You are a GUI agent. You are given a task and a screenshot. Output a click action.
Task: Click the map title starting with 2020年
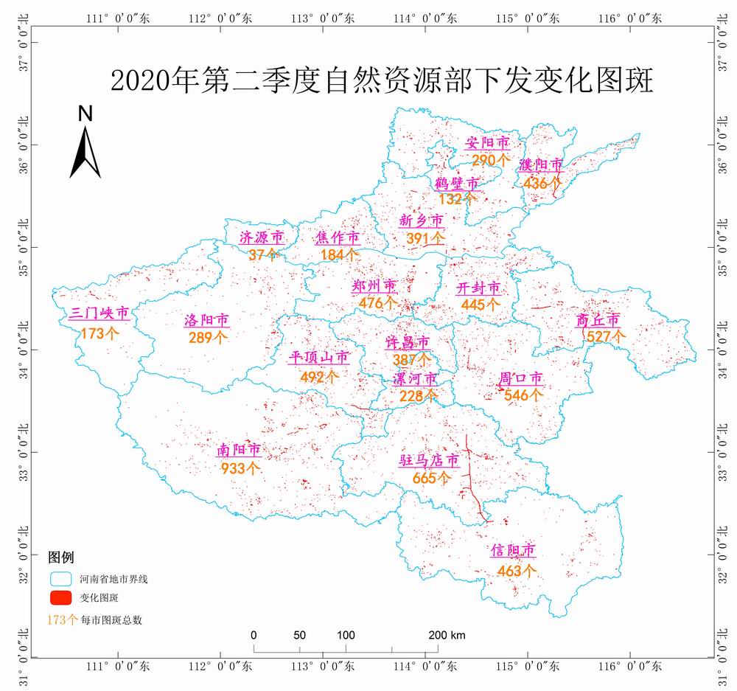click(x=382, y=80)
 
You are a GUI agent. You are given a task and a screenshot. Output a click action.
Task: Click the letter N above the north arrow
click(x=85, y=114)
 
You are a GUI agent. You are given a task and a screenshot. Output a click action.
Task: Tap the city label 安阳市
click(x=488, y=142)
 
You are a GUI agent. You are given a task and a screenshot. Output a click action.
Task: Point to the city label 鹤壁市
click(x=457, y=183)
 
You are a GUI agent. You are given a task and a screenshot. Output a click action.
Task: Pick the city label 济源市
click(x=262, y=237)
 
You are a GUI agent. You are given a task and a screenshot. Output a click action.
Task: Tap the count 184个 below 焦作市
click(x=340, y=254)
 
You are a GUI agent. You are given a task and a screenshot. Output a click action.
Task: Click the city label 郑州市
click(x=374, y=286)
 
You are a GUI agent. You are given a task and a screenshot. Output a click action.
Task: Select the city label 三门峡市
click(x=99, y=314)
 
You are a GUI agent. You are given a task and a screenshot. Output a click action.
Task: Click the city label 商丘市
click(x=598, y=320)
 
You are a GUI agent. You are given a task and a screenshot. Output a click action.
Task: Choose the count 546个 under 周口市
click(x=523, y=395)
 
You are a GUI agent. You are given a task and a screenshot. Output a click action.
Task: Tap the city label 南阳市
click(x=239, y=450)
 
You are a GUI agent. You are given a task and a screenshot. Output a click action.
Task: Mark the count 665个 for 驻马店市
click(x=432, y=477)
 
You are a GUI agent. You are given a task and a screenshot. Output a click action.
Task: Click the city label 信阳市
click(x=513, y=551)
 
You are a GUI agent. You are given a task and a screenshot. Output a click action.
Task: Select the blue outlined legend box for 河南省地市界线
click(x=60, y=578)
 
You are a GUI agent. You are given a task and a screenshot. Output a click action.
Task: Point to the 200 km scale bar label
click(x=447, y=636)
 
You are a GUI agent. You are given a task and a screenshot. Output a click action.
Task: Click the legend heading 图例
click(x=61, y=557)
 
